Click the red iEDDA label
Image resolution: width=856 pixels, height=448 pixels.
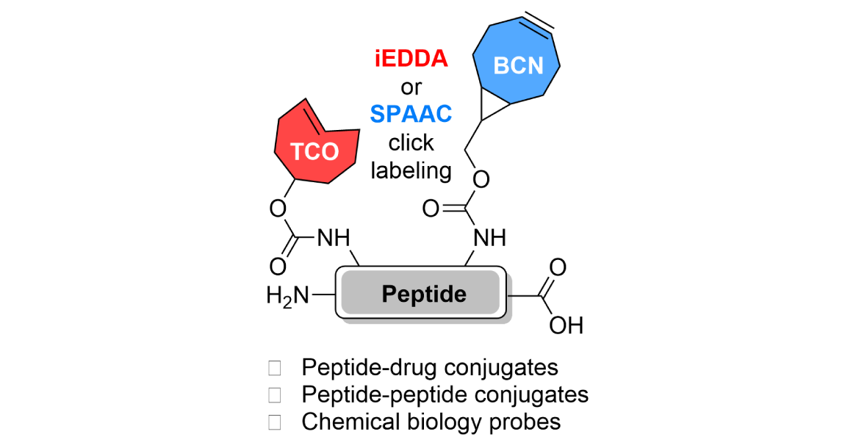[411, 59]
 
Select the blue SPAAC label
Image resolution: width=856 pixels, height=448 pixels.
[411, 114]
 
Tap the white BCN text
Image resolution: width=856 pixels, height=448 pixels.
[518, 66]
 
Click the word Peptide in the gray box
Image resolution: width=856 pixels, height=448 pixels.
[424, 295]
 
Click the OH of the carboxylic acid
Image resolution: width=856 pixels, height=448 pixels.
[566, 325]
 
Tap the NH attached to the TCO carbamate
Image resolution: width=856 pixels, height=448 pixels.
[333, 238]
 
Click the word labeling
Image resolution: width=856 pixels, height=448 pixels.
[411, 170]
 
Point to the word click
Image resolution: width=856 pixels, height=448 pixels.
[411, 142]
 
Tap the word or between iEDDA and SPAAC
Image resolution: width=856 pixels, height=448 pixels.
[411, 87]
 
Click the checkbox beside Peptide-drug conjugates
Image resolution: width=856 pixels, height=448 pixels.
[275, 367]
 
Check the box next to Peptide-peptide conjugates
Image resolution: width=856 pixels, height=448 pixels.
[275, 394]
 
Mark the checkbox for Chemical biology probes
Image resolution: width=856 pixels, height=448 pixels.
[275, 422]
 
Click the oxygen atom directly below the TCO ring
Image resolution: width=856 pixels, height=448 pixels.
[277, 209]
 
